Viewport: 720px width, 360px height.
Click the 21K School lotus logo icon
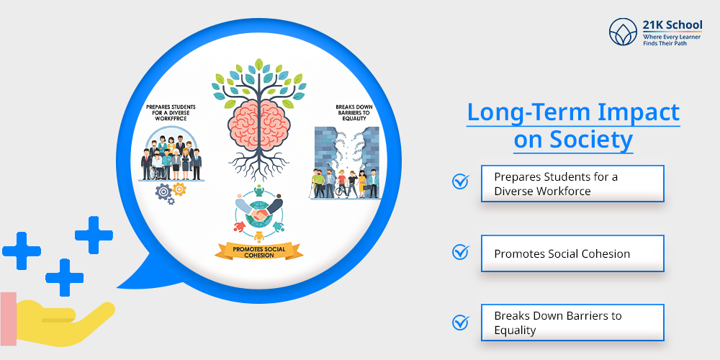pyautogui.click(x=623, y=32)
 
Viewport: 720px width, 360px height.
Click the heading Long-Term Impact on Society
pyautogui.click(x=573, y=126)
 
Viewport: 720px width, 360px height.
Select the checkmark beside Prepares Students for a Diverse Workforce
pyautogui.click(x=461, y=181)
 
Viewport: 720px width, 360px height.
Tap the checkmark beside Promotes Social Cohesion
pyautogui.click(x=461, y=251)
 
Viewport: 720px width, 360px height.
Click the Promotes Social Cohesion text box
pyautogui.click(x=572, y=253)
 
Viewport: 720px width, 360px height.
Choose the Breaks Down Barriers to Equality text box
pyautogui.click(x=572, y=323)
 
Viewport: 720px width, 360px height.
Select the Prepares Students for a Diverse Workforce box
pyautogui.click(x=572, y=184)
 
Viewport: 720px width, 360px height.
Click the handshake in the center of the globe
pyautogui.click(x=259, y=215)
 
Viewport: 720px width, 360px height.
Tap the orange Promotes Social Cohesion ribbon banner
pyautogui.click(x=259, y=251)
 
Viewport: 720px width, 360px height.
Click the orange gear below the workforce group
pyautogui.click(x=179, y=189)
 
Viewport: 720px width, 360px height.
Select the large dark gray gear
pyautogui.click(x=163, y=192)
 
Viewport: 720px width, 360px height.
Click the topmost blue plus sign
pyautogui.click(x=94, y=235)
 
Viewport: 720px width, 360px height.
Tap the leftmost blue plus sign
pyautogui.click(x=21, y=251)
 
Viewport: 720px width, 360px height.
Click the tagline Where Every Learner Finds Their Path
pyautogui.click(x=672, y=40)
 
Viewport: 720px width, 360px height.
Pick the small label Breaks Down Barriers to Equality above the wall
pyautogui.click(x=354, y=113)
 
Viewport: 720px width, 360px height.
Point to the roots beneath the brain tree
pyautogui.click(x=259, y=163)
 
